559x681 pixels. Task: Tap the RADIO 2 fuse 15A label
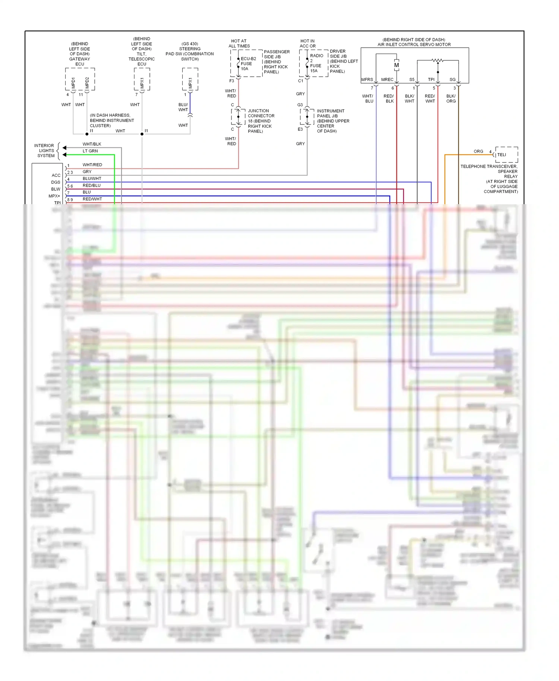coord(316,63)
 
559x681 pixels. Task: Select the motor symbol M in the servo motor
coord(397,65)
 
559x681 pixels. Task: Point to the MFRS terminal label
coord(367,80)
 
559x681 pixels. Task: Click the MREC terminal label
coord(387,80)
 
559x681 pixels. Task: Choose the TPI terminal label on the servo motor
coord(431,80)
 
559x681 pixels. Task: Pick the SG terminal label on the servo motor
coord(452,80)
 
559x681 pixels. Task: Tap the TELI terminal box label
coord(502,155)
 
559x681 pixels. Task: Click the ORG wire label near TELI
coord(479,152)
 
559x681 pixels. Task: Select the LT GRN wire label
coord(90,151)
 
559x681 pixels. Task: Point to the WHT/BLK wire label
coord(92,144)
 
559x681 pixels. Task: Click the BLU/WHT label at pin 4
coord(92,179)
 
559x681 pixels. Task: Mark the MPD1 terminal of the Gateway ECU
coord(73,83)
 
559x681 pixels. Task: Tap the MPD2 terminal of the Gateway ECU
coord(87,83)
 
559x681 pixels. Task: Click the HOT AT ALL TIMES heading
coord(239,44)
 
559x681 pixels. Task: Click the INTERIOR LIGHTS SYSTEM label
coord(45,151)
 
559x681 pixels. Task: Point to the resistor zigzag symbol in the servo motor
coord(438,60)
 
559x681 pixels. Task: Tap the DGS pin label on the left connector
coord(56,183)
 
